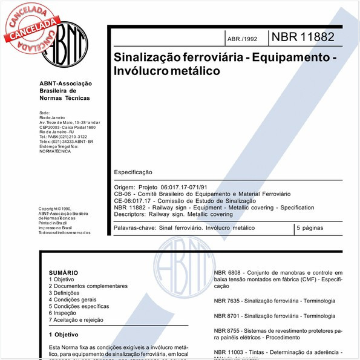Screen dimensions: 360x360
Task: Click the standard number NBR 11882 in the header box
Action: pos(303,38)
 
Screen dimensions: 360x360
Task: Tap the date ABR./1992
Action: pos(241,39)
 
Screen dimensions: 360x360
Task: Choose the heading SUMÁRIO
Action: pos(64,273)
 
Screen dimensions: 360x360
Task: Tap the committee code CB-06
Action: pos(123,193)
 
